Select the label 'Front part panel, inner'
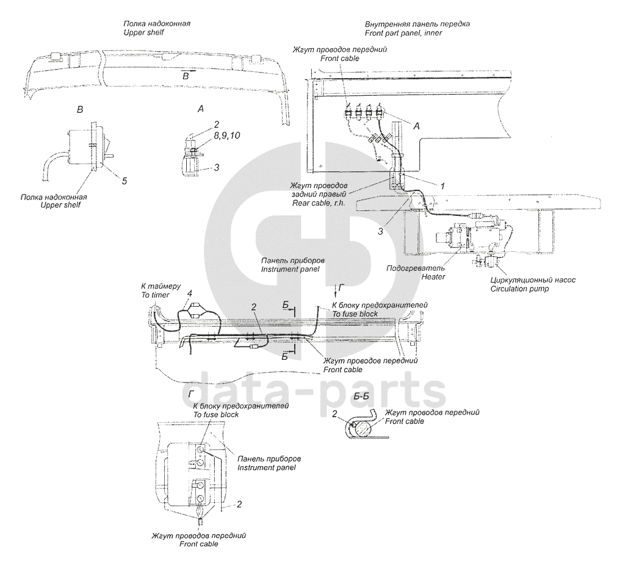403,32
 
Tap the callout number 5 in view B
124,181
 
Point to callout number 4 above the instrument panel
190,293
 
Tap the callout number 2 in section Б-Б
334,414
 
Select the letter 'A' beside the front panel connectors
417,126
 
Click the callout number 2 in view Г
239,504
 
